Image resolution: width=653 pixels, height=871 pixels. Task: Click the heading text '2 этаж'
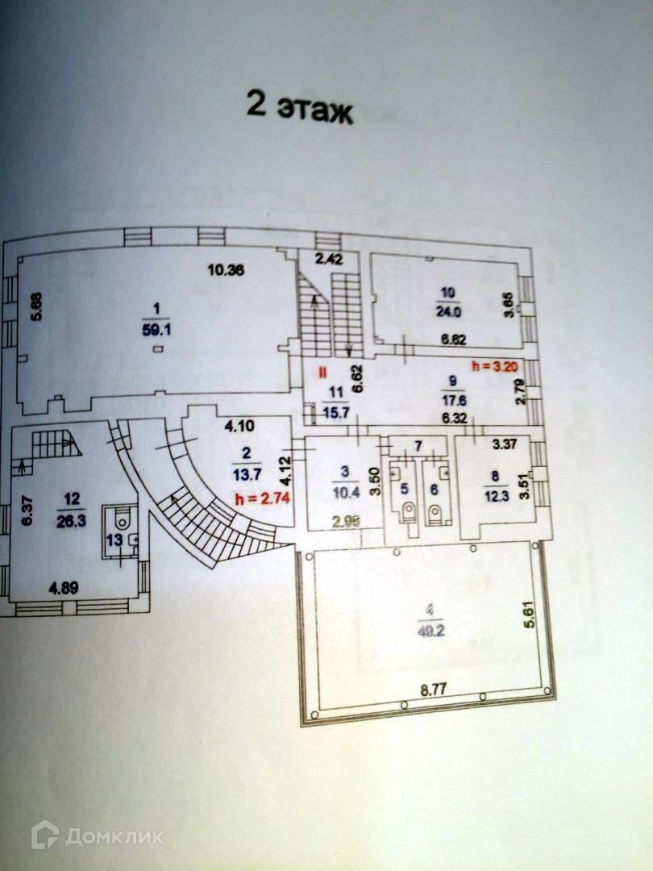click(x=300, y=108)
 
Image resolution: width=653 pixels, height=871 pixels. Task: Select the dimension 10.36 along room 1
click(x=225, y=271)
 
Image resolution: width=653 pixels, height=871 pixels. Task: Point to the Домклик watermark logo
click(x=98, y=836)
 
